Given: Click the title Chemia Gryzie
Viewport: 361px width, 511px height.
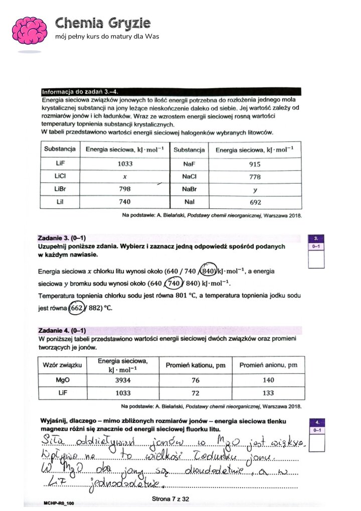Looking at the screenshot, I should [x=103, y=23].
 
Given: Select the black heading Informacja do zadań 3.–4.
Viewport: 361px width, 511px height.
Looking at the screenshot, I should [x=81, y=91].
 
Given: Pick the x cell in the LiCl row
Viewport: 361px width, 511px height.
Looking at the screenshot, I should [x=124, y=176].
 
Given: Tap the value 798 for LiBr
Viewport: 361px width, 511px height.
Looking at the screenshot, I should [x=124, y=189].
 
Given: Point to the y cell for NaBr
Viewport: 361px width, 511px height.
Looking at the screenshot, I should [x=255, y=190].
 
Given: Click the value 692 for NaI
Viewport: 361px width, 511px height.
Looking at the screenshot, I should [x=255, y=202].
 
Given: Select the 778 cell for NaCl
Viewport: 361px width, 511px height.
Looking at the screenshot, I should [x=255, y=177].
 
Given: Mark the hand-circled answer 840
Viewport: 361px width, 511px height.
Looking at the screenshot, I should [x=208, y=271].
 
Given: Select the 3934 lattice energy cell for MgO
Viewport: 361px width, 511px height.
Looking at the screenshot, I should [x=123, y=380].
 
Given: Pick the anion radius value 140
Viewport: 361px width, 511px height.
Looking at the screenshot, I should [x=268, y=380].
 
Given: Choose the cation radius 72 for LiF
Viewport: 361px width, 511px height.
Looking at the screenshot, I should [x=196, y=393].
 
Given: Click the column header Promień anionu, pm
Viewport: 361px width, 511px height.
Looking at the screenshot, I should [x=268, y=365].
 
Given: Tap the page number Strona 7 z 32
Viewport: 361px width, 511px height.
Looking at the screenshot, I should [x=170, y=498].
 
